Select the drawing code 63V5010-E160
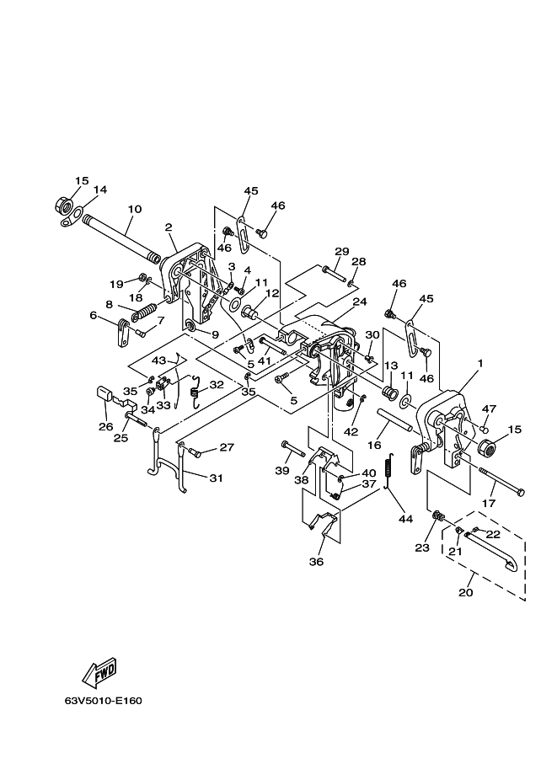point(104,700)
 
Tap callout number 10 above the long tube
point(135,209)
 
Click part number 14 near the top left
point(100,190)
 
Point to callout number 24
point(360,302)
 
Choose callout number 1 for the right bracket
point(480,363)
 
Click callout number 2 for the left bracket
point(169,227)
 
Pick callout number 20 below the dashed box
point(466,592)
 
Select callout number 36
point(317,562)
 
